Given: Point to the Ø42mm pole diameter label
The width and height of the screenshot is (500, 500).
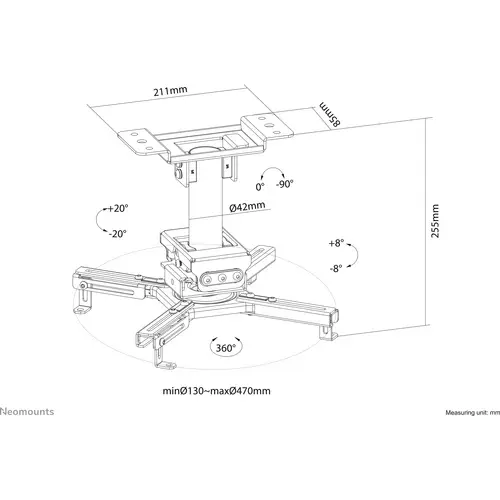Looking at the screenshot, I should [x=247, y=207].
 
